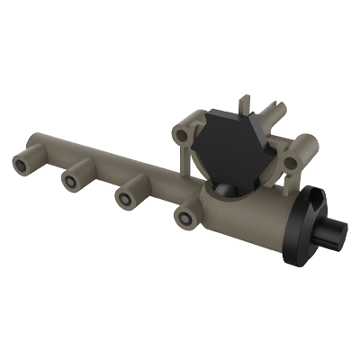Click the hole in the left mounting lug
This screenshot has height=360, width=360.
pos(184,135)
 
